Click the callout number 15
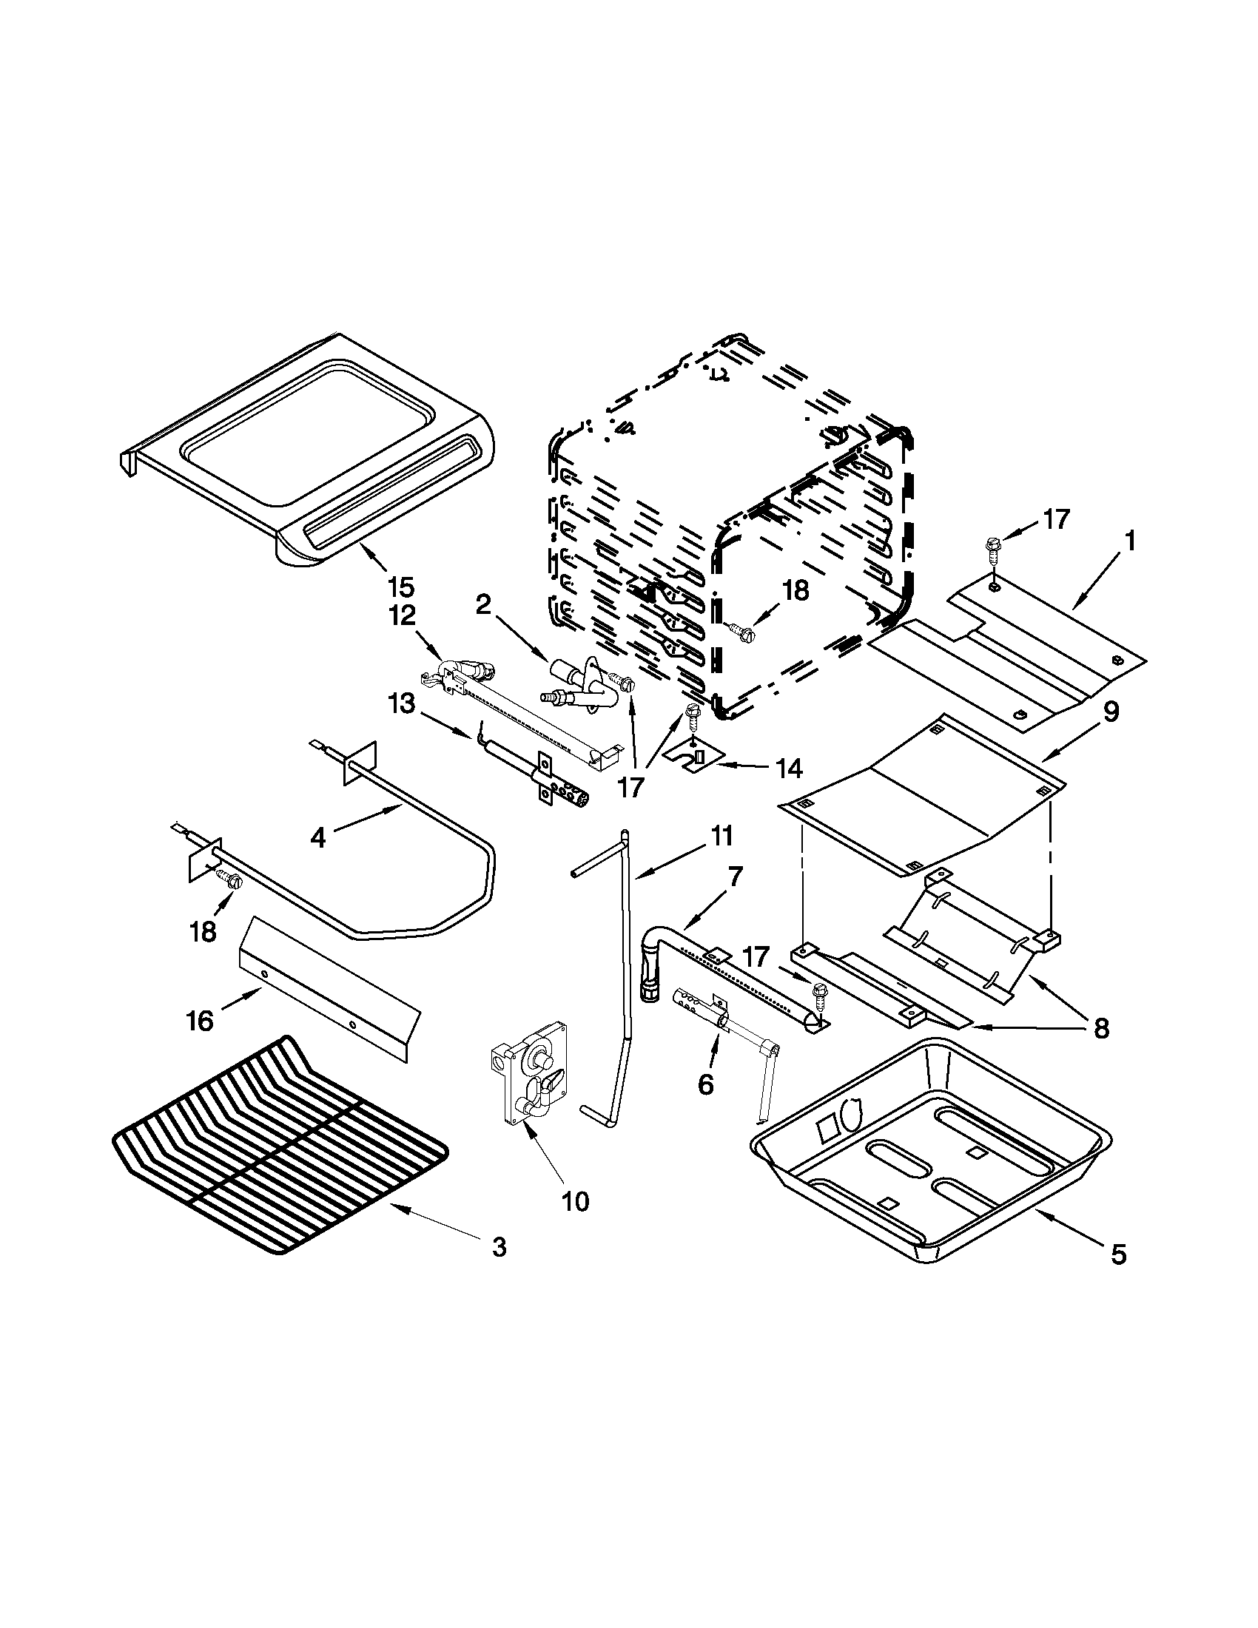coord(400,587)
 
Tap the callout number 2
coord(483,604)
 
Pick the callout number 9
coord(1110,712)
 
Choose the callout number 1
coord(1129,541)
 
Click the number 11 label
coord(721,836)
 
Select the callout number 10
coord(576,1201)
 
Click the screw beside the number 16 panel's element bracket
coord(229,880)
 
